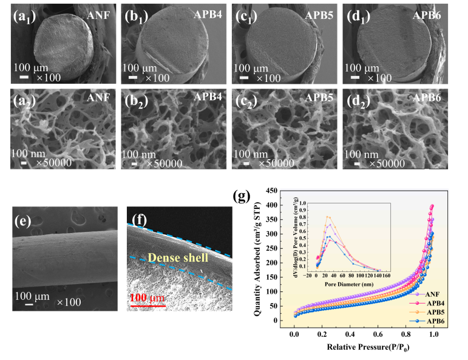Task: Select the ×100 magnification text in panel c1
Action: point(268,77)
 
